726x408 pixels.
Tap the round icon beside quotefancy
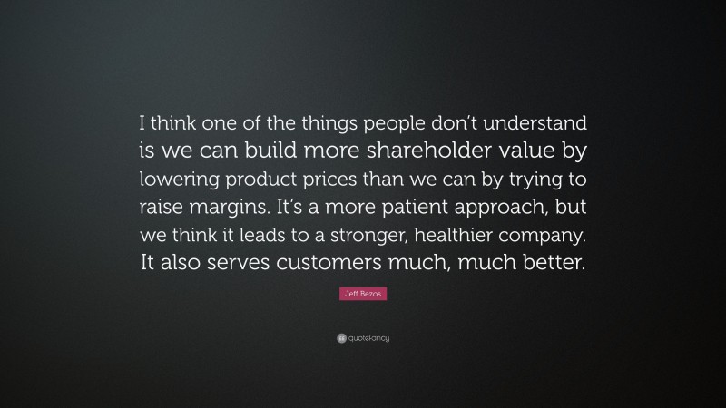pos(341,338)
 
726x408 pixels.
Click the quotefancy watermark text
pos(369,338)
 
